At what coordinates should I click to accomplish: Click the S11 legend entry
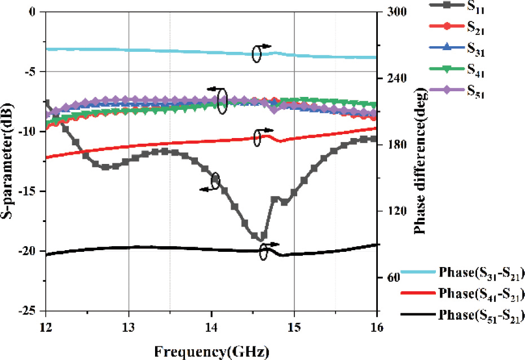point(476,8)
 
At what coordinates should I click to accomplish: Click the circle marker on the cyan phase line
point(257,54)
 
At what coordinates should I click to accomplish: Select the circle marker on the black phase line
point(264,254)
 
